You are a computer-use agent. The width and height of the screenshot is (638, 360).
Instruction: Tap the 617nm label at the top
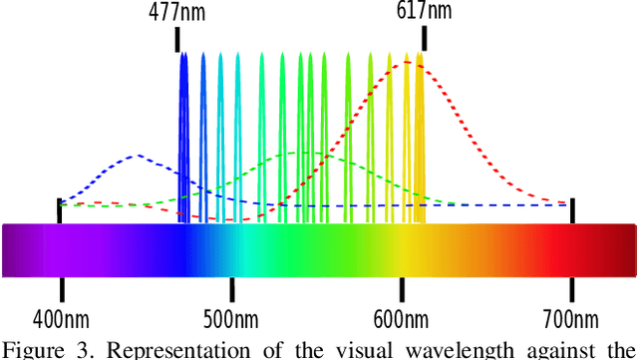click(x=424, y=11)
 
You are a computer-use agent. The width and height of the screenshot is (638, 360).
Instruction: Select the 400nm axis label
click(x=61, y=319)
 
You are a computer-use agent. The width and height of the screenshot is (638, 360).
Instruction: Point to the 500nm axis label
click(x=231, y=319)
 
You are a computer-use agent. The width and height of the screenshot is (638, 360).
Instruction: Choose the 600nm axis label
click(x=402, y=319)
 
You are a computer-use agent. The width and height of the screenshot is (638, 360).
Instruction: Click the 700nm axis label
click(x=572, y=319)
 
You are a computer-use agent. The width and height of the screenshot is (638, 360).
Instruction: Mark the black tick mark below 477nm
click(x=179, y=39)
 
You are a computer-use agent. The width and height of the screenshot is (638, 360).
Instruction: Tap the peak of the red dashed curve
click(x=407, y=63)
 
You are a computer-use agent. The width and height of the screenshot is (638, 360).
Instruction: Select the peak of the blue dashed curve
click(x=137, y=156)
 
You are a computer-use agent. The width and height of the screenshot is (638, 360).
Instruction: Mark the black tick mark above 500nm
click(x=231, y=288)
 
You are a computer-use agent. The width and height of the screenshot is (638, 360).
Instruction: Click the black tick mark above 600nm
click(x=402, y=288)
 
